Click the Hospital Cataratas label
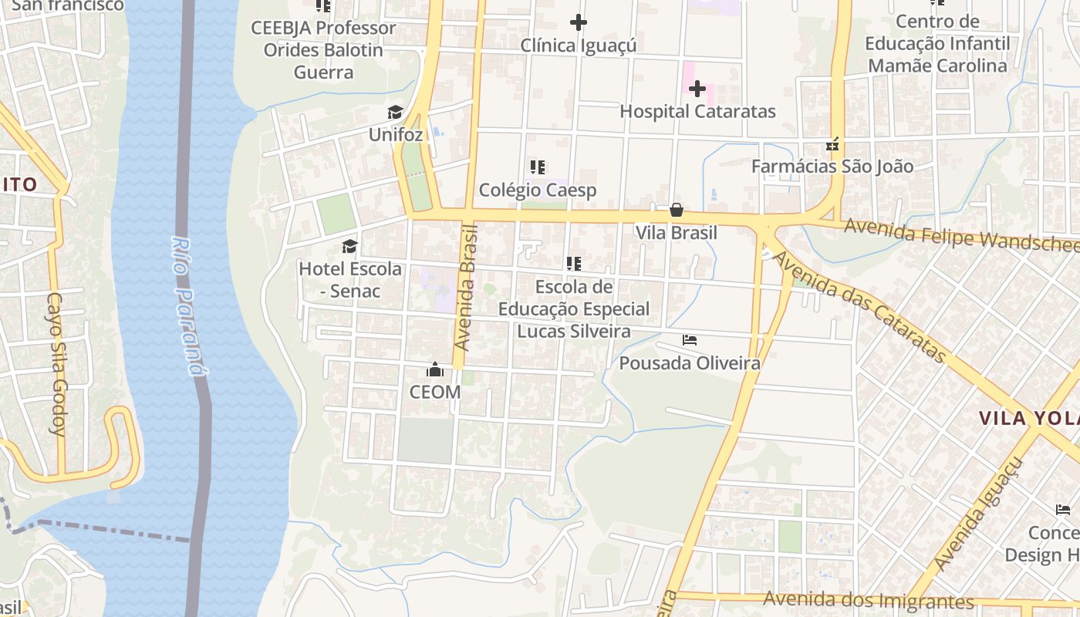pos(697,111)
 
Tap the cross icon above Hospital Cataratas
pos(697,89)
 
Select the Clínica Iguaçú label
pos(579,46)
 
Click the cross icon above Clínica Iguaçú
pos(579,23)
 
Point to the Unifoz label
pos(396,134)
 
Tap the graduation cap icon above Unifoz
pos(396,113)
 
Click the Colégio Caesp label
pos(538,190)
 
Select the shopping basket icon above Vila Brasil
pos(677,210)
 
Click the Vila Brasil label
pos(677,232)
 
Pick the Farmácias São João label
pos(832,166)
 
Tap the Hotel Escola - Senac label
pos(350,279)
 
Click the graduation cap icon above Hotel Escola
pos(350,247)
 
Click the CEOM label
pos(435,392)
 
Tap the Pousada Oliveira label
pos(690,362)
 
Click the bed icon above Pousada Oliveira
pos(690,340)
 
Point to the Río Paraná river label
pos(187,305)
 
